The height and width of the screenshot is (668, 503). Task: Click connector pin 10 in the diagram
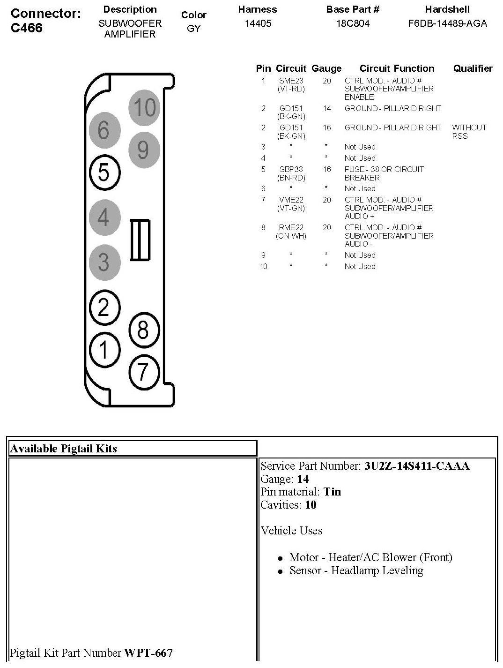[x=144, y=107]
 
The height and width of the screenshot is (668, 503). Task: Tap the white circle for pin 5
[x=104, y=172]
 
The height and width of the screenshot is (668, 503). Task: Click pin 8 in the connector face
[x=143, y=330]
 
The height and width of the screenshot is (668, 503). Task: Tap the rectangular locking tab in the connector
[x=140, y=240]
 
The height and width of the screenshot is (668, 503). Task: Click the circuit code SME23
[x=291, y=81]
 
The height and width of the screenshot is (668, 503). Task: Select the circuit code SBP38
[x=291, y=169]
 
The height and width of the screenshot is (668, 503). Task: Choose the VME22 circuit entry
[x=291, y=200]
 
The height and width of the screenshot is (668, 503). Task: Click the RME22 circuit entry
[x=291, y=227]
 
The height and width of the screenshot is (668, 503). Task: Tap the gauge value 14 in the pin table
[x=326, y=108]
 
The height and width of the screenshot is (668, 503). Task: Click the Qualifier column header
[x=473, y=68]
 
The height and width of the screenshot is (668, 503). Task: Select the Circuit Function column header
[x=397, y=68]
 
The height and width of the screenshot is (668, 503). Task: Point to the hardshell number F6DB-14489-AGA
[x=447, y=23]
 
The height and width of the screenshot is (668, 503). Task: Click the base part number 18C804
[x=353, y=23]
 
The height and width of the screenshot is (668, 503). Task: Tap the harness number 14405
[x=258, y=23]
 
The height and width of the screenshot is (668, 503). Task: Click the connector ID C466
[x=26, y=28]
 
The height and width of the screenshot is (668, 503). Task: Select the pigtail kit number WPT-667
[x=148, y=653]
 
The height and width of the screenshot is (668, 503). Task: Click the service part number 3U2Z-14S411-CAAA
[x=417, y=466]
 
